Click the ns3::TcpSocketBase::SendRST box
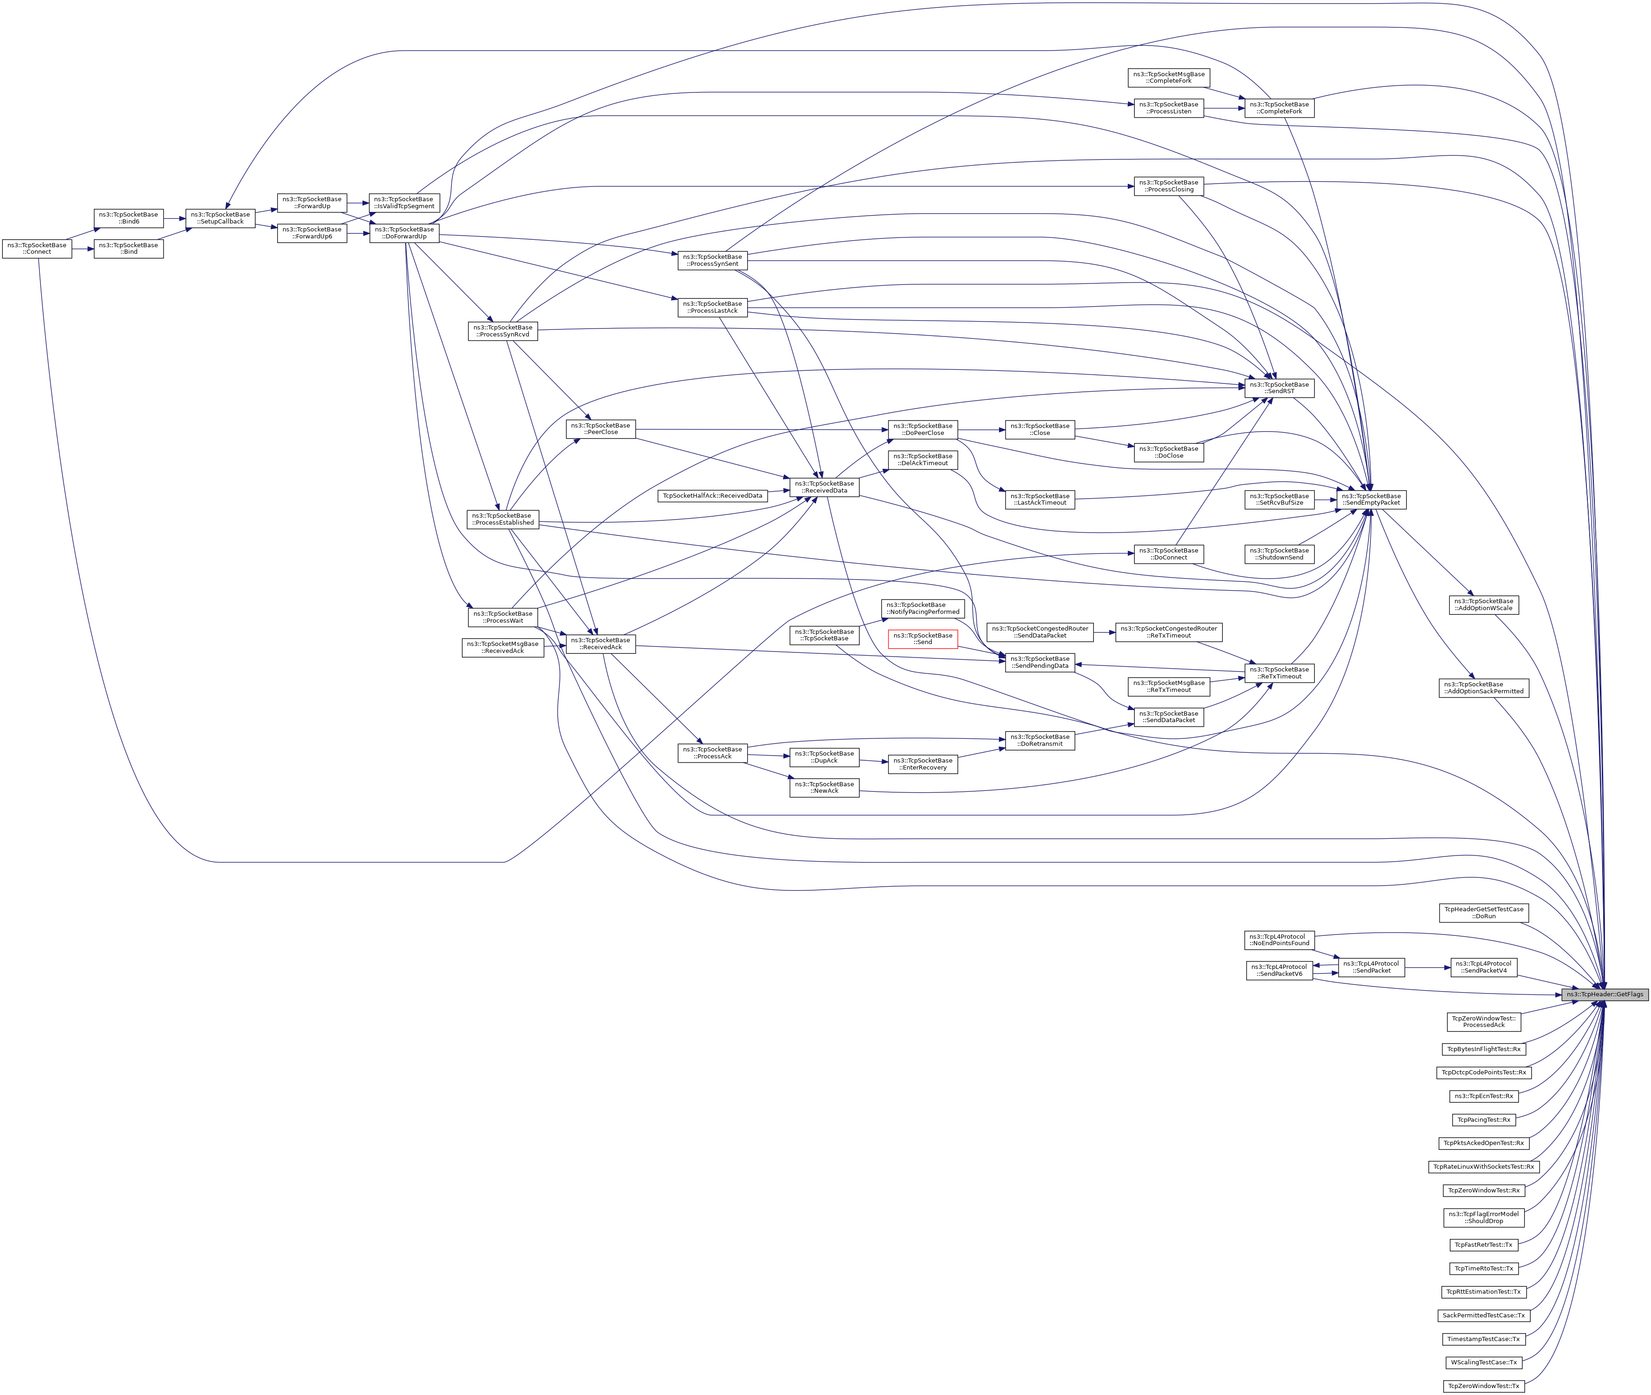click(x=1279, y=388)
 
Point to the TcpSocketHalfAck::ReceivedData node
click(x=712, y=496)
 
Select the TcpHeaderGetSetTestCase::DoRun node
click(x=1483, y=913)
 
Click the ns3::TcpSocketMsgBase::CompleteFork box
click(x=1169, y=78)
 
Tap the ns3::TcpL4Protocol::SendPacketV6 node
click(x=1279, y=970)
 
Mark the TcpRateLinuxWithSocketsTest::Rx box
click(x=1483, y=1166)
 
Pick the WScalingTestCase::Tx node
click(x=1483, y=1362)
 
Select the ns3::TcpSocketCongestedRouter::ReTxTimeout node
click(x=1169, y=632)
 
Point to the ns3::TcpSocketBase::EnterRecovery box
click(x=923, y=764)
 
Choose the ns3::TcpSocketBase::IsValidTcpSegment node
click(x=404, y=203)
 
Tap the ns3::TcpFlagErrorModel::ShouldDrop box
click(x=1483, y=1217)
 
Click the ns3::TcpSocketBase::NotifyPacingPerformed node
click(x=923, y=608)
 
